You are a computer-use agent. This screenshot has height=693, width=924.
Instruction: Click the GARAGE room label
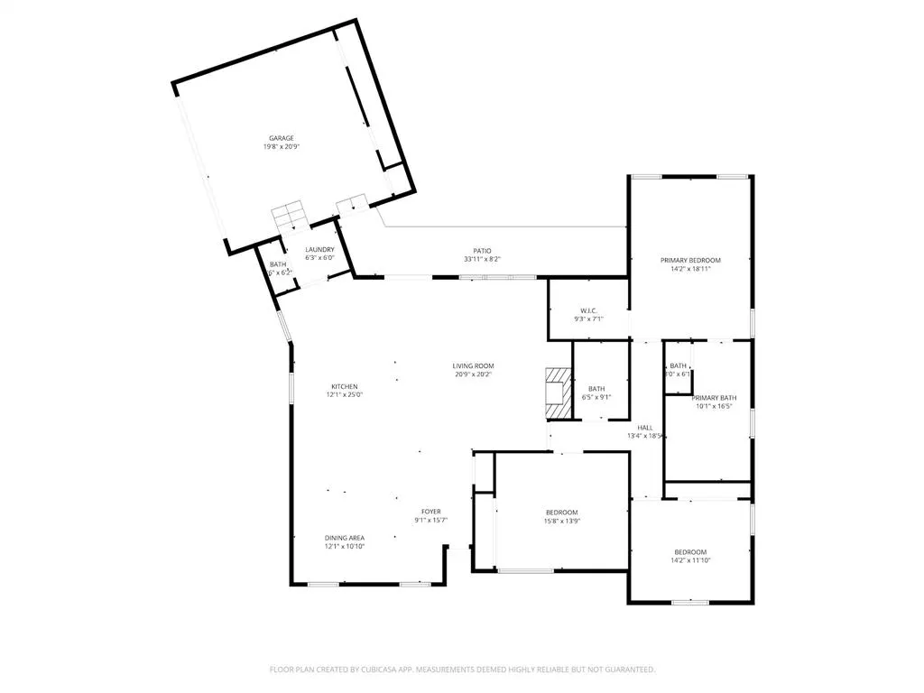click(281, 138)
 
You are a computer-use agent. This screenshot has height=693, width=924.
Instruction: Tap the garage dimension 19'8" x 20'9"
click(281, 146)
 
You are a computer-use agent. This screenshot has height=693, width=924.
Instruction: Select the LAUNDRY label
click(319, 250)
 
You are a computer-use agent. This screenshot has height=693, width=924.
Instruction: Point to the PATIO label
click(483, 251)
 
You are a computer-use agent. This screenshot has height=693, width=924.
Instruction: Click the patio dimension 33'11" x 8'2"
click(483, 259)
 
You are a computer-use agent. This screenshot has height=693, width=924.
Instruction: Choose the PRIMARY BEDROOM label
click(690, 260)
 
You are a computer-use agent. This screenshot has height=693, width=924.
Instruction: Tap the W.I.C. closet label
click(588, 310)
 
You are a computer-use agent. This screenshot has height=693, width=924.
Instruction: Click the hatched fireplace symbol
click(556, 393)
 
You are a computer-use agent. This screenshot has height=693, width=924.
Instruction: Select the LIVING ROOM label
click(473, 365)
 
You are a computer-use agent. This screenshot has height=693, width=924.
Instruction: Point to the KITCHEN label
click(344, 386)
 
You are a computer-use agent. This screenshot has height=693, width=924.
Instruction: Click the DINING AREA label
click(344, 538)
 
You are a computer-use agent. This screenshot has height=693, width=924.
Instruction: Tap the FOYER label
click(430, 511)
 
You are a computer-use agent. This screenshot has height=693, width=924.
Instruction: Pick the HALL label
click(645, 428)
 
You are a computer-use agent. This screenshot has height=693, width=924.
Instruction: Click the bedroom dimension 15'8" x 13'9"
click(561, 521)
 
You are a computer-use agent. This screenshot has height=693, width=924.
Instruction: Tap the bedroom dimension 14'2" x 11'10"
click(690, 560)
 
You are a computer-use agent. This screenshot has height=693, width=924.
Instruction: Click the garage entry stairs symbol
click(290, 217)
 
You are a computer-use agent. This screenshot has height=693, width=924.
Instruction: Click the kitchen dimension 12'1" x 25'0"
click(344, 394)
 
